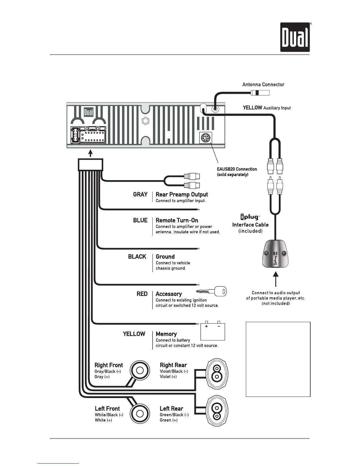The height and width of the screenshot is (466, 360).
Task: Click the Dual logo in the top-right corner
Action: [x=295, y=37]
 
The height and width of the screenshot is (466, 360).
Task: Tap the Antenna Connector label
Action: [x=263, y=85]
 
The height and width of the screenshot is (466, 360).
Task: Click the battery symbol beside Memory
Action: [x=213, y=332]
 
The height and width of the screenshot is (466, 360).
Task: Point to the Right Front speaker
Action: [x=140, y=370]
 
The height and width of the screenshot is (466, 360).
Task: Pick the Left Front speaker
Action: [x=140, y=413]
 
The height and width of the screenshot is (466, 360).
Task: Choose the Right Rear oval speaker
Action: [x=217, y=373]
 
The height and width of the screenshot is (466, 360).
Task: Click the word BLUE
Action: [x=140, y=220]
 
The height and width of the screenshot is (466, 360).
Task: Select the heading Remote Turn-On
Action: [x=177, y=220]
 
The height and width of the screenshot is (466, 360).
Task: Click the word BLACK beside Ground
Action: [x=137, y=257]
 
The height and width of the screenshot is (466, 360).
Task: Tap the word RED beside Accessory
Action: [x=142, y=294]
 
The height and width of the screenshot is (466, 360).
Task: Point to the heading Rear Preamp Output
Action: [x=181, y=194]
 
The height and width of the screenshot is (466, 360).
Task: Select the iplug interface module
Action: [x=275, y=254]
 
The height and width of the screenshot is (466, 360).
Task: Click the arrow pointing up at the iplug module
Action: [x=276, y=279]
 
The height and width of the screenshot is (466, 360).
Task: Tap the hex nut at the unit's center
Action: [x=145, y=121]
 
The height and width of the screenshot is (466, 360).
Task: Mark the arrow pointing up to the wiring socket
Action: [x=91, y=154]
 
